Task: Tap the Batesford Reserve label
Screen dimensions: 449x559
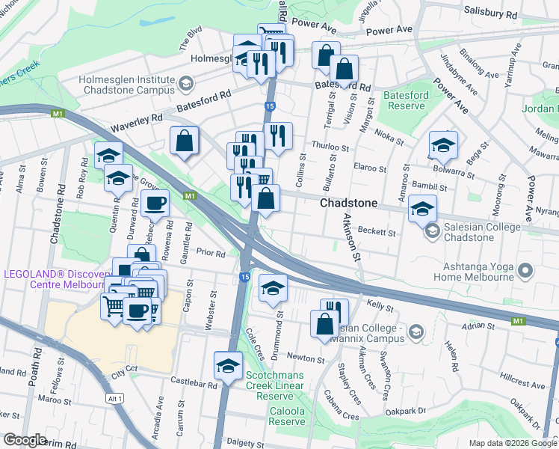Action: [x=406, y=101]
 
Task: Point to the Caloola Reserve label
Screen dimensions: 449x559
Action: [x=286, y=416]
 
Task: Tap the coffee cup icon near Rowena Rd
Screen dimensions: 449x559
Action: [x=155, y=204]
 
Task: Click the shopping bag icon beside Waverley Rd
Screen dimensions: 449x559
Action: [x=185, y=141]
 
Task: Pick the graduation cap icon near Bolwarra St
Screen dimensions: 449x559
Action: [x=443, y=144]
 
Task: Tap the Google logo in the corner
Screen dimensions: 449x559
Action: [x=25, y=440]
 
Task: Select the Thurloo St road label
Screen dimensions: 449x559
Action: [x=330, y=148]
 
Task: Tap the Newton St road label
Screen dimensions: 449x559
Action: [x=307, y=359]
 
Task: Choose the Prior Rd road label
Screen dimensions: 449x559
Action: [x=210, y=254]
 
